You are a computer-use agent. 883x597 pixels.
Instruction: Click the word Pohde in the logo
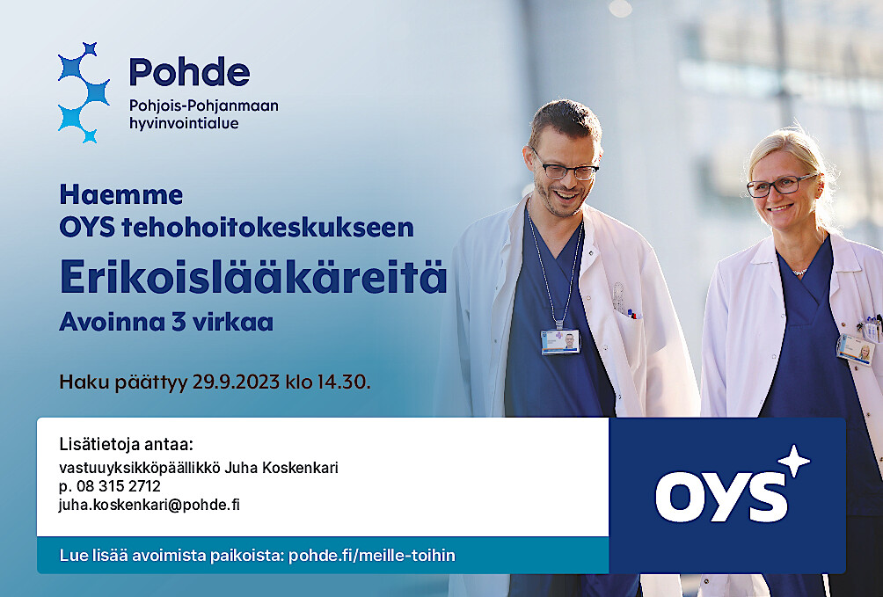pos(189,71)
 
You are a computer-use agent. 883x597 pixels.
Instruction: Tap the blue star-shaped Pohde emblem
pos(84,92)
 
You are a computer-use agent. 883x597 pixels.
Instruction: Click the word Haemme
pos(121,195)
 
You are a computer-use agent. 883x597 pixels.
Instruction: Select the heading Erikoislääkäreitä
pos(253,277)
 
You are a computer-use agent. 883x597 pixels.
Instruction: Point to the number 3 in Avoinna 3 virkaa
pos(179,322)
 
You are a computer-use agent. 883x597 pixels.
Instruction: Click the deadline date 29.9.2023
pos(236,382)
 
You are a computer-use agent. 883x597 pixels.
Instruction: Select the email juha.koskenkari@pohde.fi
pos(150,505)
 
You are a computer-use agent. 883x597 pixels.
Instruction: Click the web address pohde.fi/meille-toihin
pos(372,556)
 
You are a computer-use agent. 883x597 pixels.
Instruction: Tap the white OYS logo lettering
pos(721,496)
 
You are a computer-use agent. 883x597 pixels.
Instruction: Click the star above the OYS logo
pos(793,461)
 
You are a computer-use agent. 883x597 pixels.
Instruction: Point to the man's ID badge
pos(560,342)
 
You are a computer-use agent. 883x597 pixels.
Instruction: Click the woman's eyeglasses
pos(781,185)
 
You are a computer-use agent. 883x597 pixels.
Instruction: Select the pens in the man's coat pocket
pos(633,313)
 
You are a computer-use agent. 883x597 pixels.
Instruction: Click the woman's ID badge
pos(854,349)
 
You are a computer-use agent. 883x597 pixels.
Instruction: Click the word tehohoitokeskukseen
pos(267,228)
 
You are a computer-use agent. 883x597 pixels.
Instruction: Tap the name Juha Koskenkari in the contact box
pos(281,468)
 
